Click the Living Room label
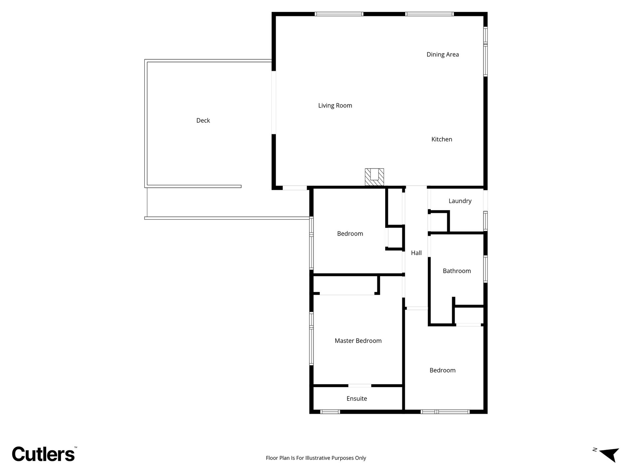[x=335, y=105]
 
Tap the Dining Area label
[x=442, y=55]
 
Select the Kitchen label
[x=441, y=139]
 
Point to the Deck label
[x=203, y=120]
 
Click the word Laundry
[x=460, y=201]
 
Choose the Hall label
[x=416, y=253]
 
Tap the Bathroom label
[x=456, y=271]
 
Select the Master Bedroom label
[x=358, y=341]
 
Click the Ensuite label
[x=357, y=398]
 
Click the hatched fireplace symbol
[x=374, y=177]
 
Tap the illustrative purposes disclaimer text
[x=316, y=458]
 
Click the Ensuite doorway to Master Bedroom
[x=360, y=386]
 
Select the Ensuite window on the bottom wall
[x=330, y=412]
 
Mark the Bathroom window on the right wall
[x=485, y=269]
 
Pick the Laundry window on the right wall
[x=485, y=221]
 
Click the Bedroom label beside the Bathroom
[x=442, y=370]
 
